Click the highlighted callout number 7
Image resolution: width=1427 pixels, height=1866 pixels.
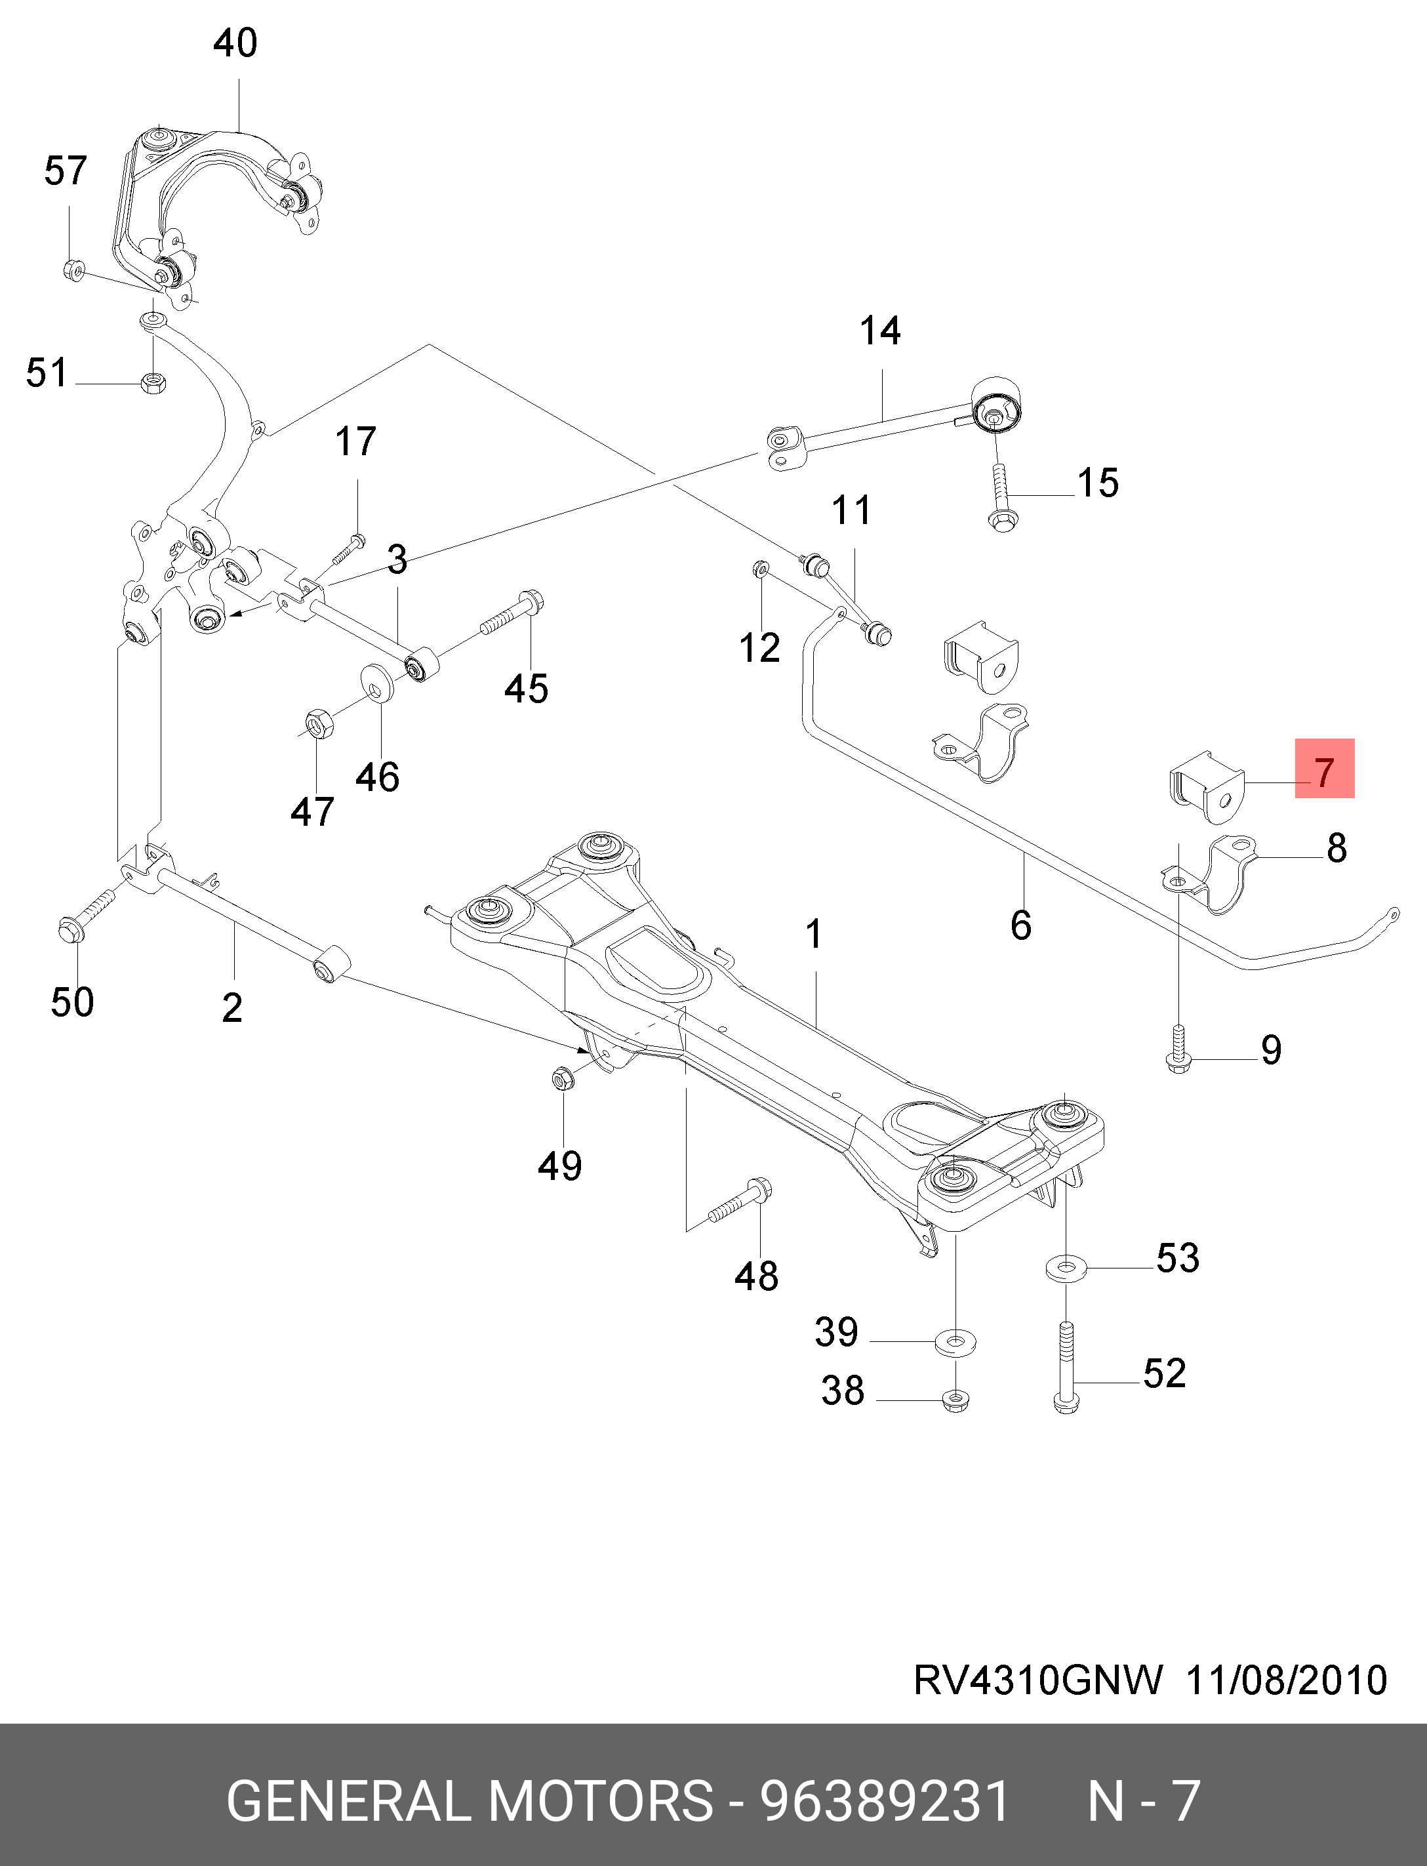[x=1324, y=769]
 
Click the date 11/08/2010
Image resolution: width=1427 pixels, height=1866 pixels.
[x=1286, y=1679]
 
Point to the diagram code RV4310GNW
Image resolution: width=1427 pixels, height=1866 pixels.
[x=1038, y=1679]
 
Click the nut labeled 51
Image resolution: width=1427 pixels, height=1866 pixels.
[x=153, y=382]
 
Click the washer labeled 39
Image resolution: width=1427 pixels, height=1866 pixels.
[x=955, y=1343]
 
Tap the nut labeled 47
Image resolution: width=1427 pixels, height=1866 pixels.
[x=319, y=723]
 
